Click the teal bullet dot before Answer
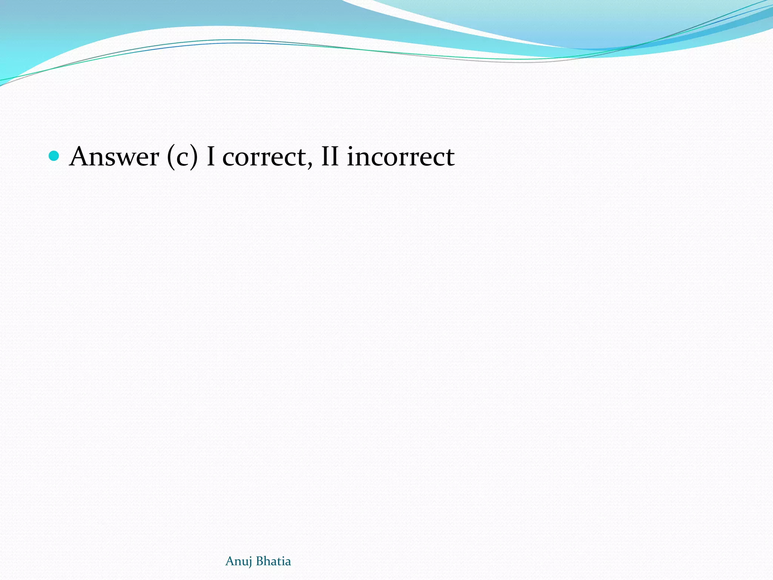(54, 156)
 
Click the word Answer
(114, 156)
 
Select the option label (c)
(182, 157)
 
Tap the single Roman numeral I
(211, 156)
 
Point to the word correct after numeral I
(264, 157)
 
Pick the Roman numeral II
(330, 156)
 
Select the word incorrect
(400, 157)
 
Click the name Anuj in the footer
(239, 561)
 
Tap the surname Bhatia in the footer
(274, 561)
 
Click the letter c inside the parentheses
(182, 159)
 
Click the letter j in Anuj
(250, 562)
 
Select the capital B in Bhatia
(259, 561)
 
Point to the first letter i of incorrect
(351, 156)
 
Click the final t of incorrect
(450, 158)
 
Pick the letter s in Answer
(111, 159)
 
